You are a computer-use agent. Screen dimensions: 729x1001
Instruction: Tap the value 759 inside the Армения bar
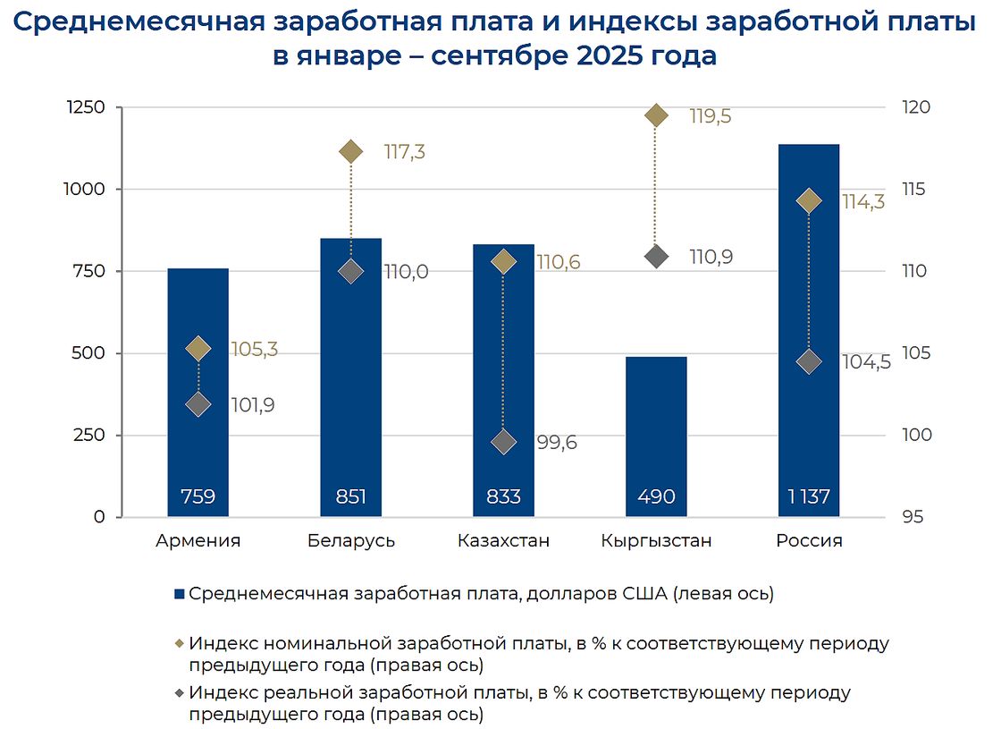[x=198, y=496]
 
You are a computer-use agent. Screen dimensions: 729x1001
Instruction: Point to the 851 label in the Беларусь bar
[x=350, y=496]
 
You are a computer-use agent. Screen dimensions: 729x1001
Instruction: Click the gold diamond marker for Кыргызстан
[x=656, y=115]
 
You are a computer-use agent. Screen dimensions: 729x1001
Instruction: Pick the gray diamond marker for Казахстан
[x=504, y=442]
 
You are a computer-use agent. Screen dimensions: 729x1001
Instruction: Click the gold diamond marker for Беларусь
[x=351, y=151]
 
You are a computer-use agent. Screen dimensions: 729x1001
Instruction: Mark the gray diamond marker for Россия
[x=809, y=361]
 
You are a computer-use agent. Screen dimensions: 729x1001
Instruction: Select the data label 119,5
[x=711, y=116]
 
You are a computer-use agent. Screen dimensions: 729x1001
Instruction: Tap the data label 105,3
[x=254, y=349]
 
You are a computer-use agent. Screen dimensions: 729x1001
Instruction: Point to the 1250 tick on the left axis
[x=86, y=107]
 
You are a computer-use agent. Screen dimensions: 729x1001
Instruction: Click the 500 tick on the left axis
[x=90, y=353]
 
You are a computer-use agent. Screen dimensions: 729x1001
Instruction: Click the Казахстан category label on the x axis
[x=503, y=541]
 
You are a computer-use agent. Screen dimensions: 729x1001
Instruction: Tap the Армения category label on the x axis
[x=198, y=541]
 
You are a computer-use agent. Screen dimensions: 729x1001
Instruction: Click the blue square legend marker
[x=179, y=594]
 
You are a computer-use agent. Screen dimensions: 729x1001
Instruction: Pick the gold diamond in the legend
[x=179, y=644]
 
